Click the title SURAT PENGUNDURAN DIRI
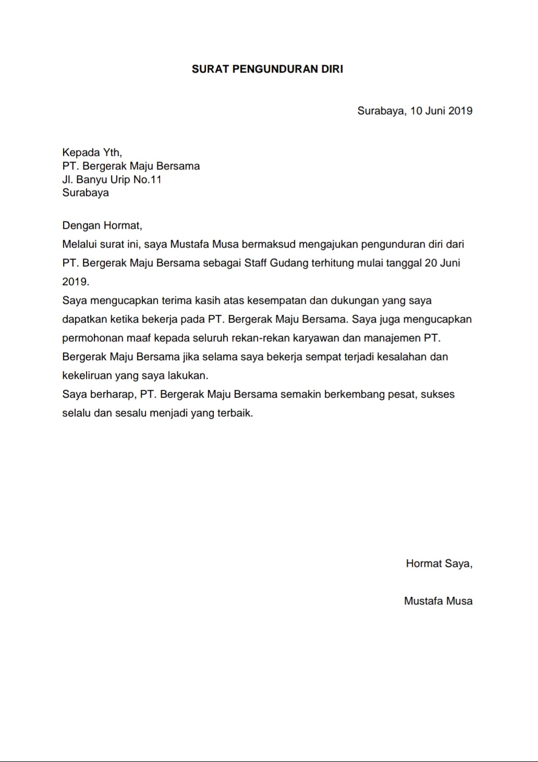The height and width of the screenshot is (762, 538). pos(267,69)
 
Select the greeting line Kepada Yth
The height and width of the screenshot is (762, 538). pos(92,153)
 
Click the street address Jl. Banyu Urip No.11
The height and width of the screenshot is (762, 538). pos(112,180)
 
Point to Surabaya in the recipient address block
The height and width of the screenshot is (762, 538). pos(85,193)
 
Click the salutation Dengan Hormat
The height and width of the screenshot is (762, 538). pos(102,226)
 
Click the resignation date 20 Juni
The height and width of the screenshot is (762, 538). pos(442,263)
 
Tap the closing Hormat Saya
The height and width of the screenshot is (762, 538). pos(439,564)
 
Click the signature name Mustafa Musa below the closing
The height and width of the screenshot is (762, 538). pos(438,601)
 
